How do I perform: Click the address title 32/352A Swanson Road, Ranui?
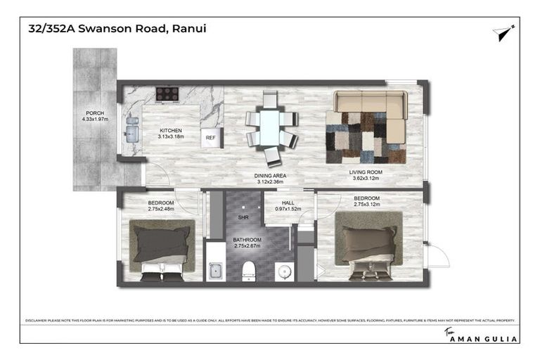pos(117,29)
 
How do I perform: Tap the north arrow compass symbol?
pos(503,32)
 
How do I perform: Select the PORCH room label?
pos(95,113)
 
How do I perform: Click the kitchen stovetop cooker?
pos(167,94)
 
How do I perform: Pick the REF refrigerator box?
pos(211,138)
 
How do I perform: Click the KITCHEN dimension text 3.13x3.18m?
pos(171,137)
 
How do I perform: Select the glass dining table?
pos(269,129)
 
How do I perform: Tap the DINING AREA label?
pos(269,174)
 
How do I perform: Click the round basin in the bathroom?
pos(282,270)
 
